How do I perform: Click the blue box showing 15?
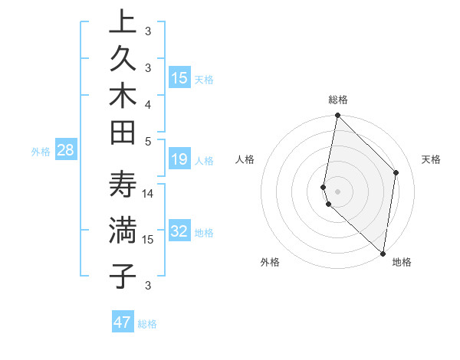pyautogui.click(x=179, y=78)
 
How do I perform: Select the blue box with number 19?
pyautogui.click(x=179, y=159)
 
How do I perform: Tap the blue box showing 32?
pyautogui.click(x=179, y=231)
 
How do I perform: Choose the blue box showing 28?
pyautogui.click(x=66, y=150)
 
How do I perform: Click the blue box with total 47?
pyautogui.click(x=123, y=322)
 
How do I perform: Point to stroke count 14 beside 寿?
pyautogui.click(x=148, y=193)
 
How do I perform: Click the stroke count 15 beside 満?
pyautogui.click(x=148, y=240)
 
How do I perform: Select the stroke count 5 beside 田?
pyautogui.click(x=148, y=141)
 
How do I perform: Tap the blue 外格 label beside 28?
pyautogui.click(x=41, y=152)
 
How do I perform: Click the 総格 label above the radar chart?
pyautogui.click(x=337, y=100)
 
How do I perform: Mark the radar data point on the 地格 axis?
pyautogui.click(x=383, y=254)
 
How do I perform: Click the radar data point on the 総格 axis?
pyautogui.click(x=337, y=116)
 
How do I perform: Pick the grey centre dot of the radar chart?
pyautogui.click(x=337, y=191)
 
